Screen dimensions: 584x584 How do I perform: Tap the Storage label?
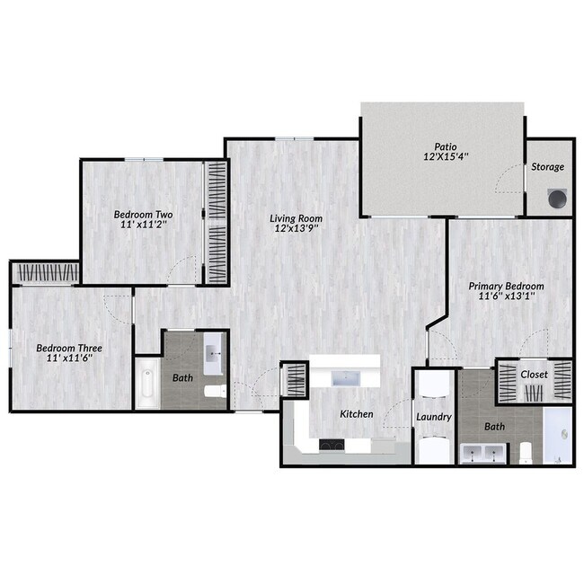(x=548, y=167)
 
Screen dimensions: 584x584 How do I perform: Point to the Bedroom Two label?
(x=143, y=215)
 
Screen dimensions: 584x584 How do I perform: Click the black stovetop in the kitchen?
(x=331, y=443)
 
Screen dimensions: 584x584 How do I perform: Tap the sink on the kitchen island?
(x=346, y=377)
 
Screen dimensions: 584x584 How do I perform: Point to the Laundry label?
(x=433, y=417)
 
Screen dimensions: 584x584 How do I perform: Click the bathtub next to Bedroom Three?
(x=147, y=384)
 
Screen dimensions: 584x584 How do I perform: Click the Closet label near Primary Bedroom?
(x=535, y=374)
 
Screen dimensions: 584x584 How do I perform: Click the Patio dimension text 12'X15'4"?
(x=440, y=156)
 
